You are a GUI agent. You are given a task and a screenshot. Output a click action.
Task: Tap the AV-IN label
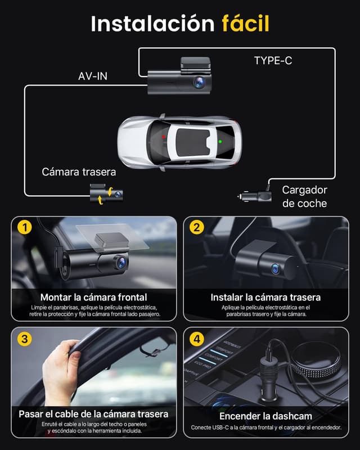pos(93,76)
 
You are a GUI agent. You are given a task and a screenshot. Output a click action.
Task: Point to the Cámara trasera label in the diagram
pos(79,172)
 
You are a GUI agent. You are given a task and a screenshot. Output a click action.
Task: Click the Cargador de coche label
pos(304,197)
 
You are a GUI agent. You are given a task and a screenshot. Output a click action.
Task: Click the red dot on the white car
pos(164,137)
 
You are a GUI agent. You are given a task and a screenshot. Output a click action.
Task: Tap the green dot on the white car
pos(220,142)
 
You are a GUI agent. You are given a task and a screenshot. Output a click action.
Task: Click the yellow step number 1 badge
pos(24,228)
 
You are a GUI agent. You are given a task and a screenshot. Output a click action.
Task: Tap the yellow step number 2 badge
pos(196,228)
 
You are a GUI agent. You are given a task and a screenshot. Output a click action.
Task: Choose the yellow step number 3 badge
pos(24,339)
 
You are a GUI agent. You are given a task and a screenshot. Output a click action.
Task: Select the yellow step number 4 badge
pos(196,339)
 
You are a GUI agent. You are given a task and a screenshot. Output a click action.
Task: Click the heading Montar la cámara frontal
pos(93,297)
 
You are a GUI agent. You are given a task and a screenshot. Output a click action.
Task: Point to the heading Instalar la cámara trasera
pos(265,297)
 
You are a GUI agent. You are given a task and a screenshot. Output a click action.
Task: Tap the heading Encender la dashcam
pos(265,416)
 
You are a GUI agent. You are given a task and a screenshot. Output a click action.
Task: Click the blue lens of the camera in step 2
pos(276,269)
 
